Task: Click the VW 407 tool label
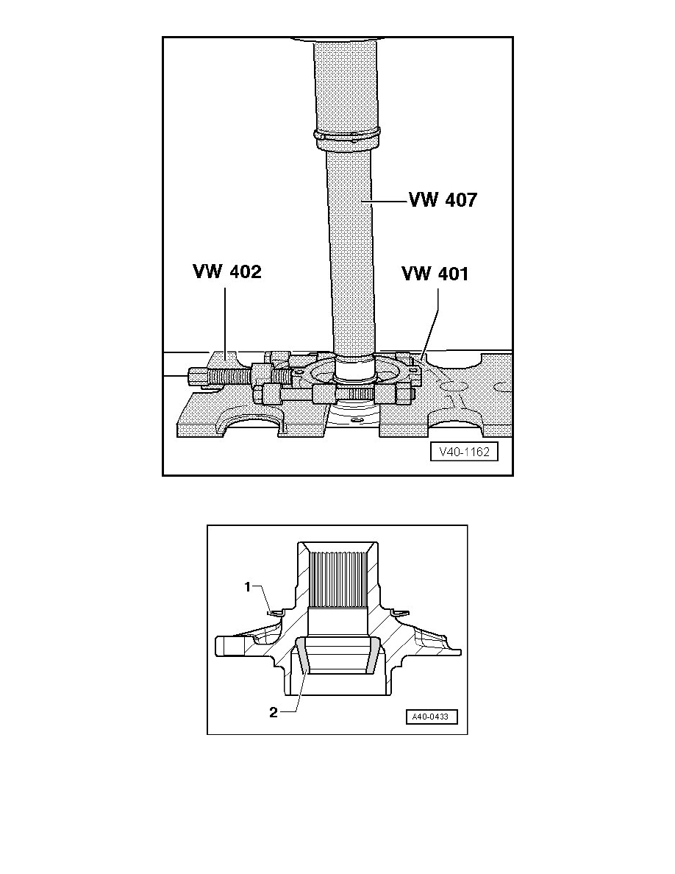pyautogui.click(x=443, y=199)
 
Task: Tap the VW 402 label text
pyautogui.click(x=226, y=271)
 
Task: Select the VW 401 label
pyautogui.click(x=435, y=274)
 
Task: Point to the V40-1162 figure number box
pyautogui.click(x=464, y=452)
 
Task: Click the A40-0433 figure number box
pyautogui.click(x=431, y=717)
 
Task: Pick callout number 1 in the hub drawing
pyautogui.click(x=249, y=586)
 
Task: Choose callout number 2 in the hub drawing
pyautogui.click(x=273, y=712)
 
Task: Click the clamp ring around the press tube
pyautogui.click(x=347, y=135)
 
